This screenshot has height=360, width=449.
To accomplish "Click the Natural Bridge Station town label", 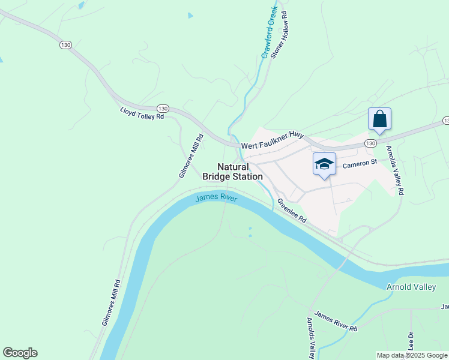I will [x=232, y=172].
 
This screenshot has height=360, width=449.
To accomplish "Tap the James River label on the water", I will [x=217, y=197].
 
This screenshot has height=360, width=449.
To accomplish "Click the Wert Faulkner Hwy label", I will [x=273, y=141].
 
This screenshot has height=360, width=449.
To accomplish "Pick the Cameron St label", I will [x=359, y=163].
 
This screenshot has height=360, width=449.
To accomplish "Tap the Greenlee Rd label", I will [x=292, y=211].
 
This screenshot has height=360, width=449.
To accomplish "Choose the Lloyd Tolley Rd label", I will [x=142, y=113].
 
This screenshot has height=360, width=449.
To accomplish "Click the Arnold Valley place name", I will [x=411, y=287].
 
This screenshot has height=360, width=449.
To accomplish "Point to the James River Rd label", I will [x=336, y=322].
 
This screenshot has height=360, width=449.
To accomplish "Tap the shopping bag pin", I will [x=379, y=119].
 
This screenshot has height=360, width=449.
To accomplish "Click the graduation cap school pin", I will [x=324, y=164].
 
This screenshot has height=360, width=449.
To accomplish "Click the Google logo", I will [x=20, y=353].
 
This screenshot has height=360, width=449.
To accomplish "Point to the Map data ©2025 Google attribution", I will [x=412, y=355].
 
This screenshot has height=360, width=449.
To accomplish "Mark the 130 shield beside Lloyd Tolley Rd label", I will [x=163, y=108].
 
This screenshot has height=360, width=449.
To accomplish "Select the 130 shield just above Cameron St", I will [x=370, y=143].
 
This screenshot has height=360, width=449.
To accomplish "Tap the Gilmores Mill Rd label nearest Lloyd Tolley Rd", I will [x=191, y=156].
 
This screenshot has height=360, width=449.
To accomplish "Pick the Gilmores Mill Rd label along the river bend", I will [x=112, y=302].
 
